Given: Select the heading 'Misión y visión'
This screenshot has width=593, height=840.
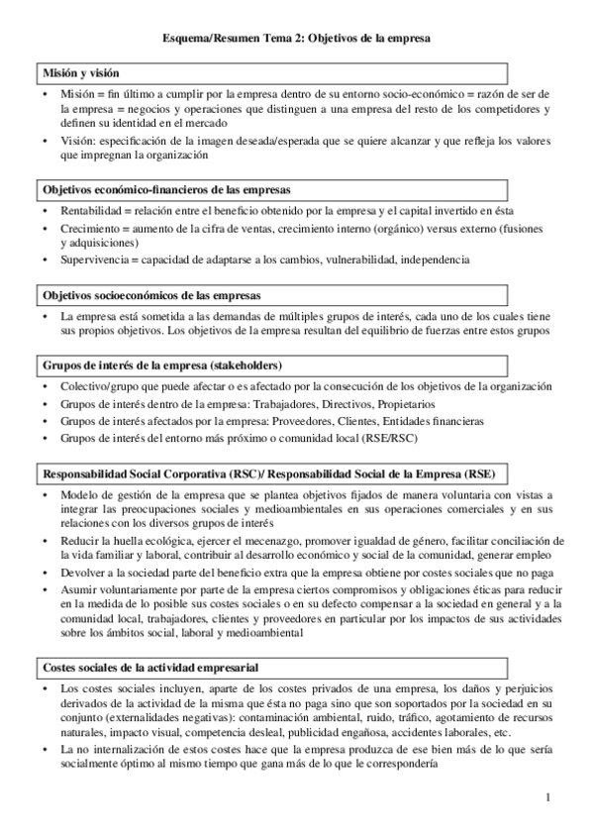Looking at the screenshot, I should pyautogui.click(x=79, y=73).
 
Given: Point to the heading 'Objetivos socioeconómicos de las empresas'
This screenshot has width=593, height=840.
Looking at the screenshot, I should pyautogui.click(x=151, y=296).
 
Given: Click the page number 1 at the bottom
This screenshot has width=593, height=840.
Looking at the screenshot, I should pyautogui.click(x=546, y=797).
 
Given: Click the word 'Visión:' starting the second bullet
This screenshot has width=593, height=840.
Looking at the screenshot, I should pyautogui.click(x=76, y=141).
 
